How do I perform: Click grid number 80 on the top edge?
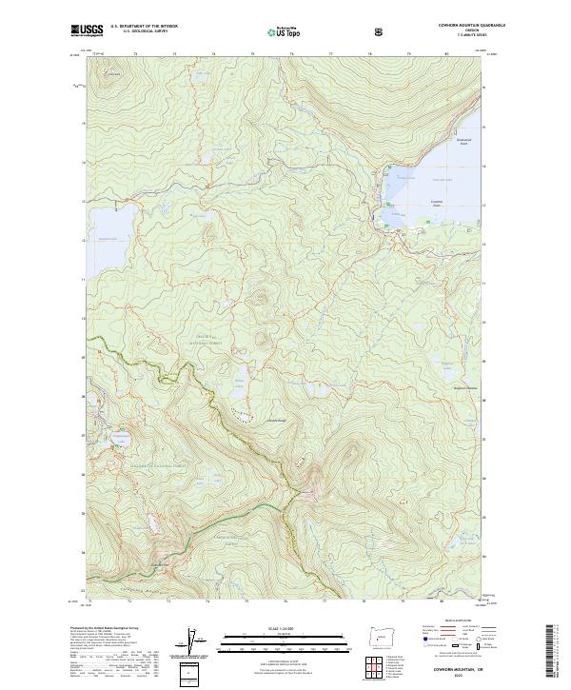point(447,55)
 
